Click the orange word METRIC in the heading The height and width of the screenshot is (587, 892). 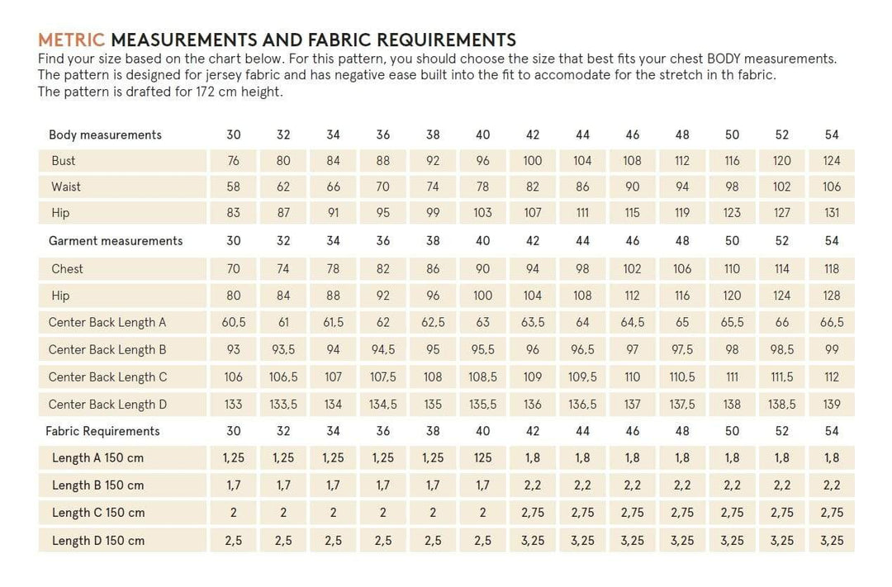(72, 40)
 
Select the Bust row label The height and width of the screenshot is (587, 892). (63, 161)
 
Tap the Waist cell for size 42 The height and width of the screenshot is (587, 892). (533, 187)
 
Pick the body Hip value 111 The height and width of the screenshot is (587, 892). (582, 213)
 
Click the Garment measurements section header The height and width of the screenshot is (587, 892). (116, 241)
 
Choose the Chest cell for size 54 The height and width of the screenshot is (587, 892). (832, 268)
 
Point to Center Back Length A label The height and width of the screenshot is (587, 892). (107, 322)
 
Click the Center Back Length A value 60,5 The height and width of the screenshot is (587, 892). (234, 322)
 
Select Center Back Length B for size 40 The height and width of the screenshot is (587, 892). (483, 349)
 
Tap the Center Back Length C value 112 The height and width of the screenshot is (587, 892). (832, 377)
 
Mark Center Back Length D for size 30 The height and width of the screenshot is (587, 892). (234, 405)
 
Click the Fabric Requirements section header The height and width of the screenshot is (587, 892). (102, 431)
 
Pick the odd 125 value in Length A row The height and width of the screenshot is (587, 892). (483, 457)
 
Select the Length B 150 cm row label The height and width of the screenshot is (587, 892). (97, 485)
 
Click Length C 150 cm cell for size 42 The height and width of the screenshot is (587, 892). (533, 513)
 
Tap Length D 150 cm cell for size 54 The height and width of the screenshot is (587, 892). (832, 541)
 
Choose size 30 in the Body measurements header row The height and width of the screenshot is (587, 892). (234, 135)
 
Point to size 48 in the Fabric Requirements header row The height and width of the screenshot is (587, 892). (682, 431)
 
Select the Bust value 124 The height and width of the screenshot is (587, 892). (832, 161)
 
